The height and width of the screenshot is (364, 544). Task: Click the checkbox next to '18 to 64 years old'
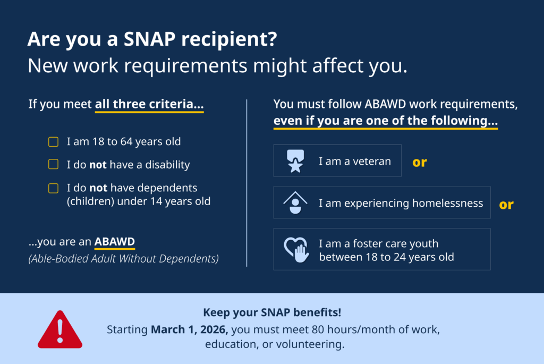point(53,142)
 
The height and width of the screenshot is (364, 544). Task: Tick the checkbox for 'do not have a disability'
point(53,165)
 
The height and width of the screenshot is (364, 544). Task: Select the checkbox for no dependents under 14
point(53,188)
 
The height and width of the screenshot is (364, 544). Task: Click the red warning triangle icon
point(60,330)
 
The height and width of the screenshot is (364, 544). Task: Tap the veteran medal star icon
point(295,161)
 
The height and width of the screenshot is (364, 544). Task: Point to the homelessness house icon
point(295,202)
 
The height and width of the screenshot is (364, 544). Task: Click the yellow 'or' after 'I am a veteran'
point(420,162)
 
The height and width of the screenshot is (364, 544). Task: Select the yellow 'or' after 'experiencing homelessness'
point(506,205)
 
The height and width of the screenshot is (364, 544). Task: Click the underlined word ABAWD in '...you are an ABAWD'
point(114,242)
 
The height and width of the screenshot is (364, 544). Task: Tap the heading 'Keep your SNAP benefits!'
point(272,312)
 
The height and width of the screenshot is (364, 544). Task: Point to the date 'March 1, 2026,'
point(189,329)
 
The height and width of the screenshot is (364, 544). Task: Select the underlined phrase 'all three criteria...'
point(149,104)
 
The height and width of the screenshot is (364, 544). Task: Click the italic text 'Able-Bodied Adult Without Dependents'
point(124,259)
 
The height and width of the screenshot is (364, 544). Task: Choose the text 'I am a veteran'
point(355,161)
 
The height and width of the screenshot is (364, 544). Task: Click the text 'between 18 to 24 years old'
point(386,257)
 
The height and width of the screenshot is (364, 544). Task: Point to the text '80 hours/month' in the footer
point(347,329)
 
